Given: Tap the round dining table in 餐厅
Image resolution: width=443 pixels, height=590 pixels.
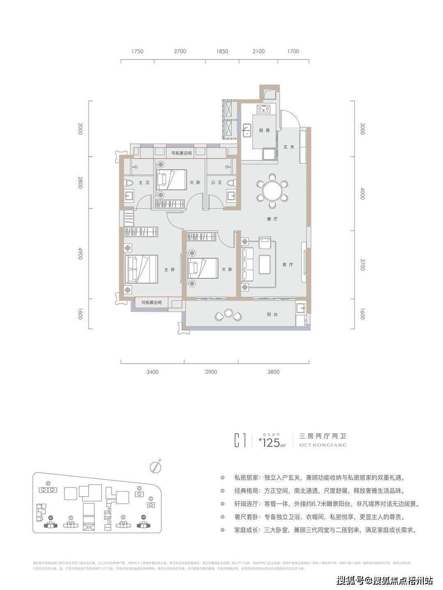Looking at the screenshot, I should (271, 190).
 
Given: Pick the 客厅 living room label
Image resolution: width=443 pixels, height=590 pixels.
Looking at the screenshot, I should (288, 265).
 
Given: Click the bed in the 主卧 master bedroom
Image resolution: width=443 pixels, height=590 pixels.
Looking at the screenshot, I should (142, 269).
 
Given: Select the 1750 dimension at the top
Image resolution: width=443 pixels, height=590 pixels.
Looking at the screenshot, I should (137, 51).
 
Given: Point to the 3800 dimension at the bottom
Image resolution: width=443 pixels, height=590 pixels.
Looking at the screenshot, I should (273, 372).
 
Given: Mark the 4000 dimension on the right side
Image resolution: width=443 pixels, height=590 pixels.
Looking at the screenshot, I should (362, 194).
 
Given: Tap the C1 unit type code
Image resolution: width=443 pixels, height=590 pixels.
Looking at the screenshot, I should (240, 440).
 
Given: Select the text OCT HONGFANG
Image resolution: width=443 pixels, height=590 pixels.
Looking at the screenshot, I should (323, 445).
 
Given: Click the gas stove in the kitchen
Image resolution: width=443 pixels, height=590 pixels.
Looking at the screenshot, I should (263, 109).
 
